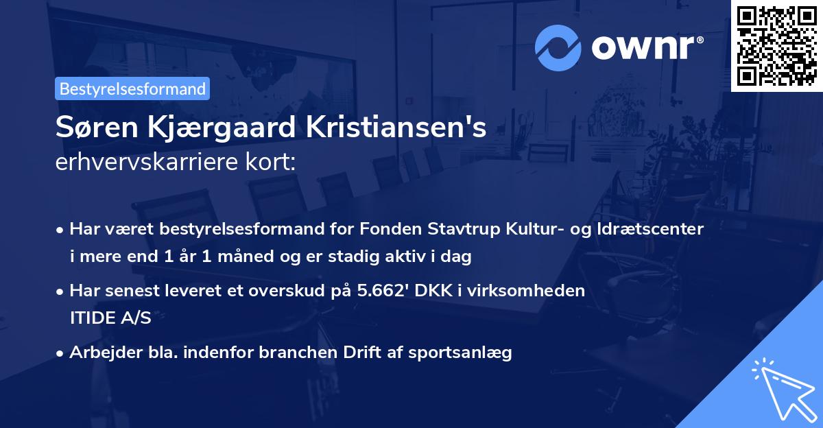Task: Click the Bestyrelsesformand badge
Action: point(132,88)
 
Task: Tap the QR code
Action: point(776,45)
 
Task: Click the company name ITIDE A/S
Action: point(110,318)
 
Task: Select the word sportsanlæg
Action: point(469,353)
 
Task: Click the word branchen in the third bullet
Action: point(300,353)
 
